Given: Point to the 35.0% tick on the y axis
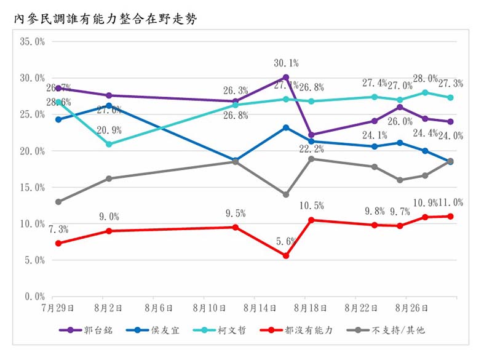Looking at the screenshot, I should [x=33, y=42].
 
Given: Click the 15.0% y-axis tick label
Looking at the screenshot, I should [x=33, y=188].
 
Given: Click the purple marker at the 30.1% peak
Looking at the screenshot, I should [x=286, y=78].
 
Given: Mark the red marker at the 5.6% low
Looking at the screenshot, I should [x=286, y=255].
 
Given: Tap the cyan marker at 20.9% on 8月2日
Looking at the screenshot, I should [x=109, y=144].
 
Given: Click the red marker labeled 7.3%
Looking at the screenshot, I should [x=58, y=243].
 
